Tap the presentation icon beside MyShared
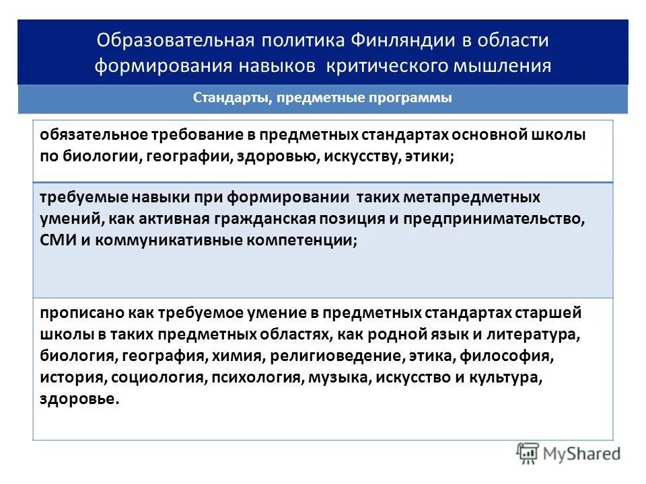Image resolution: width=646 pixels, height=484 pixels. coord(528,454)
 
